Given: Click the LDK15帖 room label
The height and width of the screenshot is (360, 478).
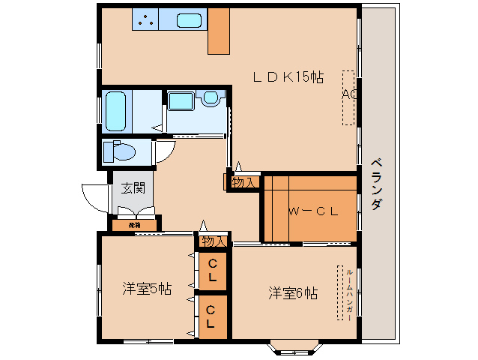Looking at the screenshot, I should [288, 76].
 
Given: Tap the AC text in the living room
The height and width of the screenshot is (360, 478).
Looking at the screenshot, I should [348, 95].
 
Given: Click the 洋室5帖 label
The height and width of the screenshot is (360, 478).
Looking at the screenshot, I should [147, 289].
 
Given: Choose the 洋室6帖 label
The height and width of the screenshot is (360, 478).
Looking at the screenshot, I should [293, 293].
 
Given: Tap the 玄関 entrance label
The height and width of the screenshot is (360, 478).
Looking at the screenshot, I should [133, 188].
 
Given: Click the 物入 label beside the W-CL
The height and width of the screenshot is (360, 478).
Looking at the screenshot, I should [244, 182].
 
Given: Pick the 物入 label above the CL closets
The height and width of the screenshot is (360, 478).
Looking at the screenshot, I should [214, 241].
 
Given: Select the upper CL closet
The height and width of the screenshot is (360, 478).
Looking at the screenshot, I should [213, 270].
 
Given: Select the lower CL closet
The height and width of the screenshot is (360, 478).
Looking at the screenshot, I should [213, 316].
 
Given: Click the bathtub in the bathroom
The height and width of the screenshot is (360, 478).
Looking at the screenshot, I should [115, 111].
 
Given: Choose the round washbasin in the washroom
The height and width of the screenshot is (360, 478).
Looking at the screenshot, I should [211, 97].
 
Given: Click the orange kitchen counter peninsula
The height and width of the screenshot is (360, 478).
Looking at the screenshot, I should [219, 31].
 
